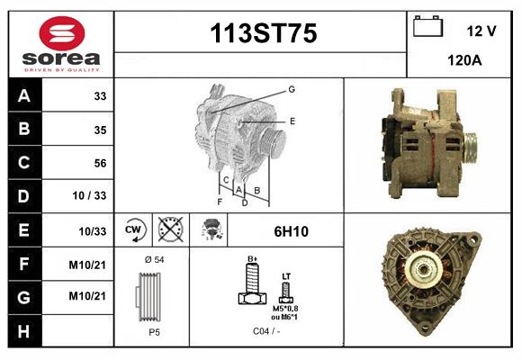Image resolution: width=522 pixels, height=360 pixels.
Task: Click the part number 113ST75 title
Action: tap(263, 34)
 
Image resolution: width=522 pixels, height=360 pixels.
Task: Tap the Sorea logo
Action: tap(61, 42)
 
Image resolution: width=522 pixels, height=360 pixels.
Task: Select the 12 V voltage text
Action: tap(481, 31)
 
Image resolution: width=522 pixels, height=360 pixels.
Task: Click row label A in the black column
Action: tap(24, 95)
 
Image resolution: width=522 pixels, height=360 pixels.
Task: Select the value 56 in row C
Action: tap(100, 163)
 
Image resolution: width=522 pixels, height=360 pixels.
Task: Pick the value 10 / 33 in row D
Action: tap(89, 196)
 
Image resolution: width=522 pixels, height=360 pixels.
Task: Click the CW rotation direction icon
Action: tap(134, 230)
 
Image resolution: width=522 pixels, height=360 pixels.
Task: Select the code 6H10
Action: tap(291, 231)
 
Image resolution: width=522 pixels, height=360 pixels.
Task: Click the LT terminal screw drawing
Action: tap(286, 291)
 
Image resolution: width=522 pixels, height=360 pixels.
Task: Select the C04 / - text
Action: tap(267, 331)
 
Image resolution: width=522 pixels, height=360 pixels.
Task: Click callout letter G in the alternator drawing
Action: tap(292, 89)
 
